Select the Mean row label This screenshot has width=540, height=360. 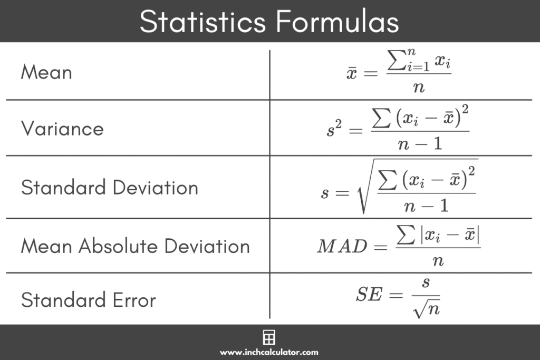coord(46,72)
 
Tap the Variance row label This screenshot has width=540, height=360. coord(62,129)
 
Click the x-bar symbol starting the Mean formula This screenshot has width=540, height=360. coord(352,74)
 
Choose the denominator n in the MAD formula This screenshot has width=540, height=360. coord(438,260)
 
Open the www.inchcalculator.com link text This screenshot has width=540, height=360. coord(269,352)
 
